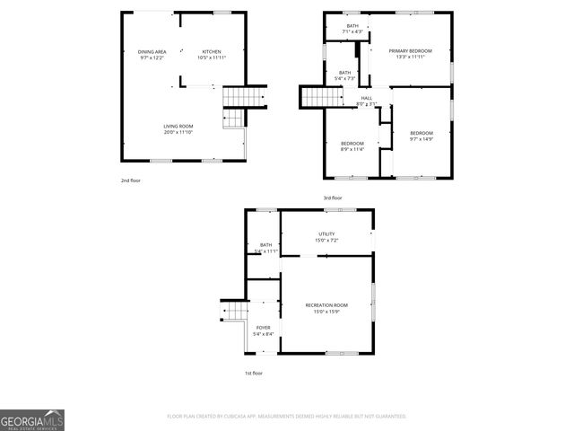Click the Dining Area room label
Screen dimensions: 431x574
point(152,55)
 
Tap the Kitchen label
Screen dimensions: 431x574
point(212,55)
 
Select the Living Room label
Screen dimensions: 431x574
point(178,129)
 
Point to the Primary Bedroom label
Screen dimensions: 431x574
point(411,54)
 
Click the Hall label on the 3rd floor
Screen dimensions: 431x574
point(366,101)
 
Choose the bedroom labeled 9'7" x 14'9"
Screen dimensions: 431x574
point(422,136)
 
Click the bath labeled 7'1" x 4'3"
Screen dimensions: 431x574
point(352,29)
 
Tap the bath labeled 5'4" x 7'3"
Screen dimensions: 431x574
point(344,75)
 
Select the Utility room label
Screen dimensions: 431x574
point(326,237)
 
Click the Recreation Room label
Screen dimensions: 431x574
point(326,309)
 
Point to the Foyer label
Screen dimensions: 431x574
point(263,330)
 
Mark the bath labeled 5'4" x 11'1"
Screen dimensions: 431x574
point(265,248)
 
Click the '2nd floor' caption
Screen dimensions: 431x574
point(131,180)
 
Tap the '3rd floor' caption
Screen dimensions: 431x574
point(333,198)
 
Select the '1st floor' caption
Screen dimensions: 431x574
point(254,373)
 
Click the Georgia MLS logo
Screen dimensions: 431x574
point(32,419)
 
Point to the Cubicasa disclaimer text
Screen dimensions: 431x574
point(287,416)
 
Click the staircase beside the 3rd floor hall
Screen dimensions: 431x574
point(317,96)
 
